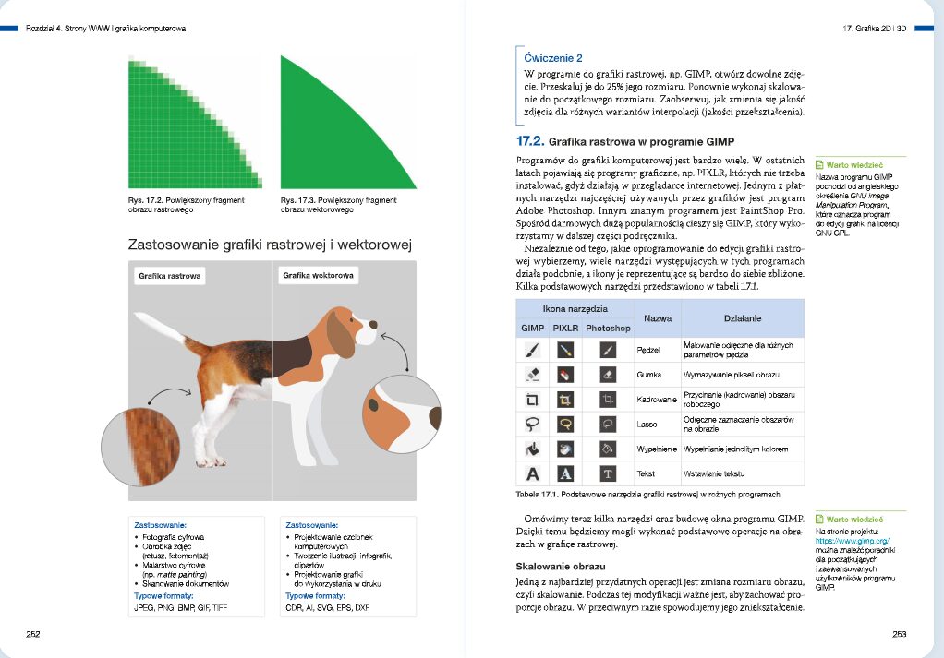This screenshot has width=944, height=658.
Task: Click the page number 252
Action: click(32, 634)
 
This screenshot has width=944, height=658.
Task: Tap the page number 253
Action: click(900, 634)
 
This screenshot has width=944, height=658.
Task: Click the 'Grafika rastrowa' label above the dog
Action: click(170, 275)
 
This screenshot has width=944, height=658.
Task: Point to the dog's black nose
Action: click(374, 324)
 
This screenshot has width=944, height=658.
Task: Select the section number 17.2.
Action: click(529, 142)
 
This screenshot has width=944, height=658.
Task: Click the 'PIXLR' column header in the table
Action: click(565, 328)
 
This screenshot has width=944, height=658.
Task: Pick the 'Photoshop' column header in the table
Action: click(608, 328)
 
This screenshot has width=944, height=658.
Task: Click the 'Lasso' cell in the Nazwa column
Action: click(647, 425)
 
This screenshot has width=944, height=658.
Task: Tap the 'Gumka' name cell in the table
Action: click(649, 376)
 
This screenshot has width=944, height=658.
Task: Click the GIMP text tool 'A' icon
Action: click(532, 474)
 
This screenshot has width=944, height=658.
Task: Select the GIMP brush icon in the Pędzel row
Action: click(532, 350)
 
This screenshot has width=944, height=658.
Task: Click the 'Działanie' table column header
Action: click(742, 317)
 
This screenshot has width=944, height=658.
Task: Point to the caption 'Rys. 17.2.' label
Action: click(146, 200)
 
